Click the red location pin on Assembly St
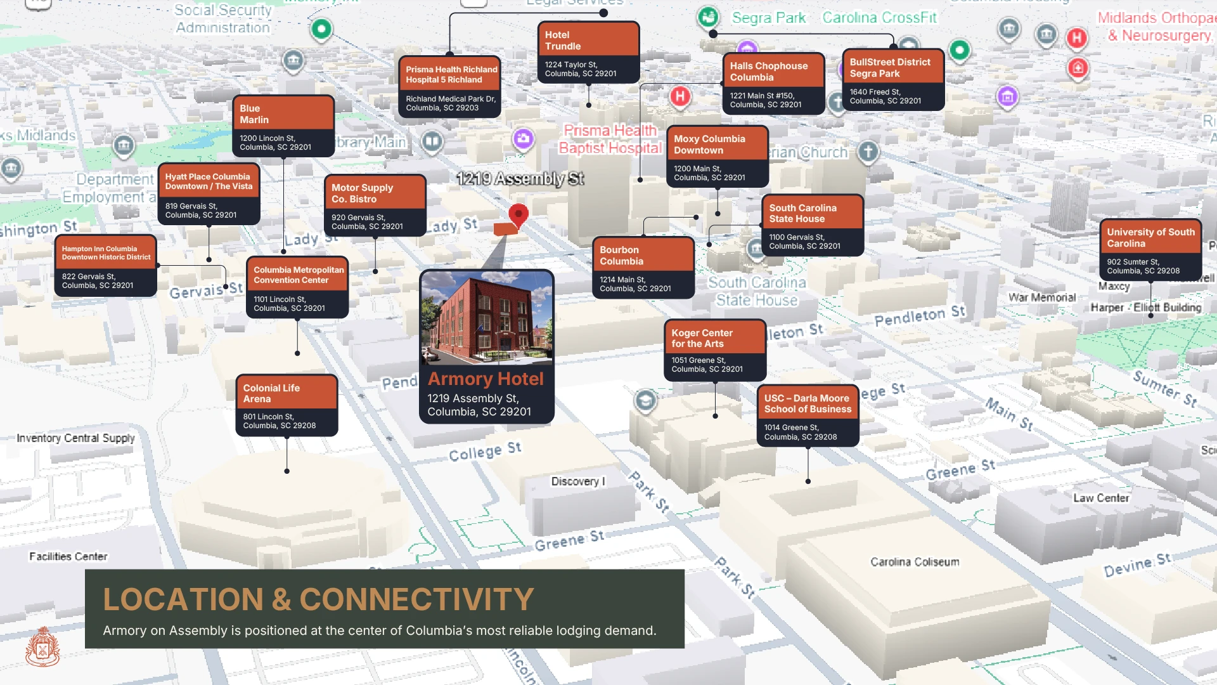coord(518,214)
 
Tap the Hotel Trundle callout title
coord(562,41)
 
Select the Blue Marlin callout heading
coord(254,114)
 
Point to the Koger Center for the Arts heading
coord(702,338)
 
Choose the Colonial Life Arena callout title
coord(271,393)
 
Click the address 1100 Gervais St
coord(804,242)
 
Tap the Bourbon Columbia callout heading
coord(621,256)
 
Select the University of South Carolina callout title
coord(1150,238)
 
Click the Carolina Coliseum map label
coord(914,562)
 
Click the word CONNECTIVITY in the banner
coord(416,599)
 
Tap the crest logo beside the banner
coord(42,647)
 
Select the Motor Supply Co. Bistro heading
coord(362,193)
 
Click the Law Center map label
coord(1100,499)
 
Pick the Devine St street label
coord(1137,564)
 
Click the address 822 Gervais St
coord(98,281)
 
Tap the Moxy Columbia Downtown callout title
coord(709,145)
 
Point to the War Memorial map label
coord(1041,297)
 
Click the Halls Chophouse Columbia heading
coord(768,72)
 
